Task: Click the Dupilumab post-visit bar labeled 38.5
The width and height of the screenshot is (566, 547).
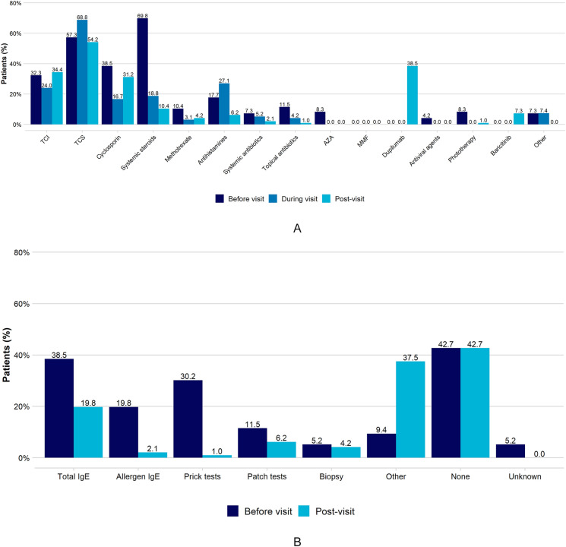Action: (x=413, y=95)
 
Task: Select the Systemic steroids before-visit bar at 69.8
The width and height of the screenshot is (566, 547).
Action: (x=142, y=71)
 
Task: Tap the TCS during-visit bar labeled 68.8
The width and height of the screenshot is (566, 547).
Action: (x=82, y=72)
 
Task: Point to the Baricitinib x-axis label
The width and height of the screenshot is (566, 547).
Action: (x=501, y=146)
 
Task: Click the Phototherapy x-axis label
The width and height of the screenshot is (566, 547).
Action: (x=462, y=149)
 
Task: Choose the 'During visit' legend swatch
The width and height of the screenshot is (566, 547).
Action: (x=273, y=198)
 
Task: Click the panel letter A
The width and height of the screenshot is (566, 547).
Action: (x=297, y=228)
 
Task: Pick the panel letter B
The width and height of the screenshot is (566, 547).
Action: (x=297, y=542)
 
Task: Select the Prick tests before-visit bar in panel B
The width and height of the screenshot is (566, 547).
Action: (x=188, y=419)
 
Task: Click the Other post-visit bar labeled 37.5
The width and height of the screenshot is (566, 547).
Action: (x=410, y=409)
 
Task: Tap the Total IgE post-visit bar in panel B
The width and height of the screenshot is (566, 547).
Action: (x=88, y=432)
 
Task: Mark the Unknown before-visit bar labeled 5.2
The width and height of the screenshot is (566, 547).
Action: (x=511, y=451)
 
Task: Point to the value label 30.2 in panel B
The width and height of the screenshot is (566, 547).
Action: (x=188, y=376)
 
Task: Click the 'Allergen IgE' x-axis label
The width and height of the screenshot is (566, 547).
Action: (x=138, y=476)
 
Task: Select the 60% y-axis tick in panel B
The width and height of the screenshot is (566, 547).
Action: (x=22, y=304)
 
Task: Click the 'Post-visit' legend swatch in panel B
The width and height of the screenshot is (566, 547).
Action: (x=304, y=511)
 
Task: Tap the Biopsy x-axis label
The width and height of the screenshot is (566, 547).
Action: (x=331, y=476)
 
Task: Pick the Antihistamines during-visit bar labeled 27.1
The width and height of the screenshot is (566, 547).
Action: (x=224, y=104)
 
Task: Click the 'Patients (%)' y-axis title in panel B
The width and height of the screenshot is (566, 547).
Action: (x=7, y=355)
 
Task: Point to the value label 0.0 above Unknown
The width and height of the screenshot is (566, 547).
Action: (x=539, y=454)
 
